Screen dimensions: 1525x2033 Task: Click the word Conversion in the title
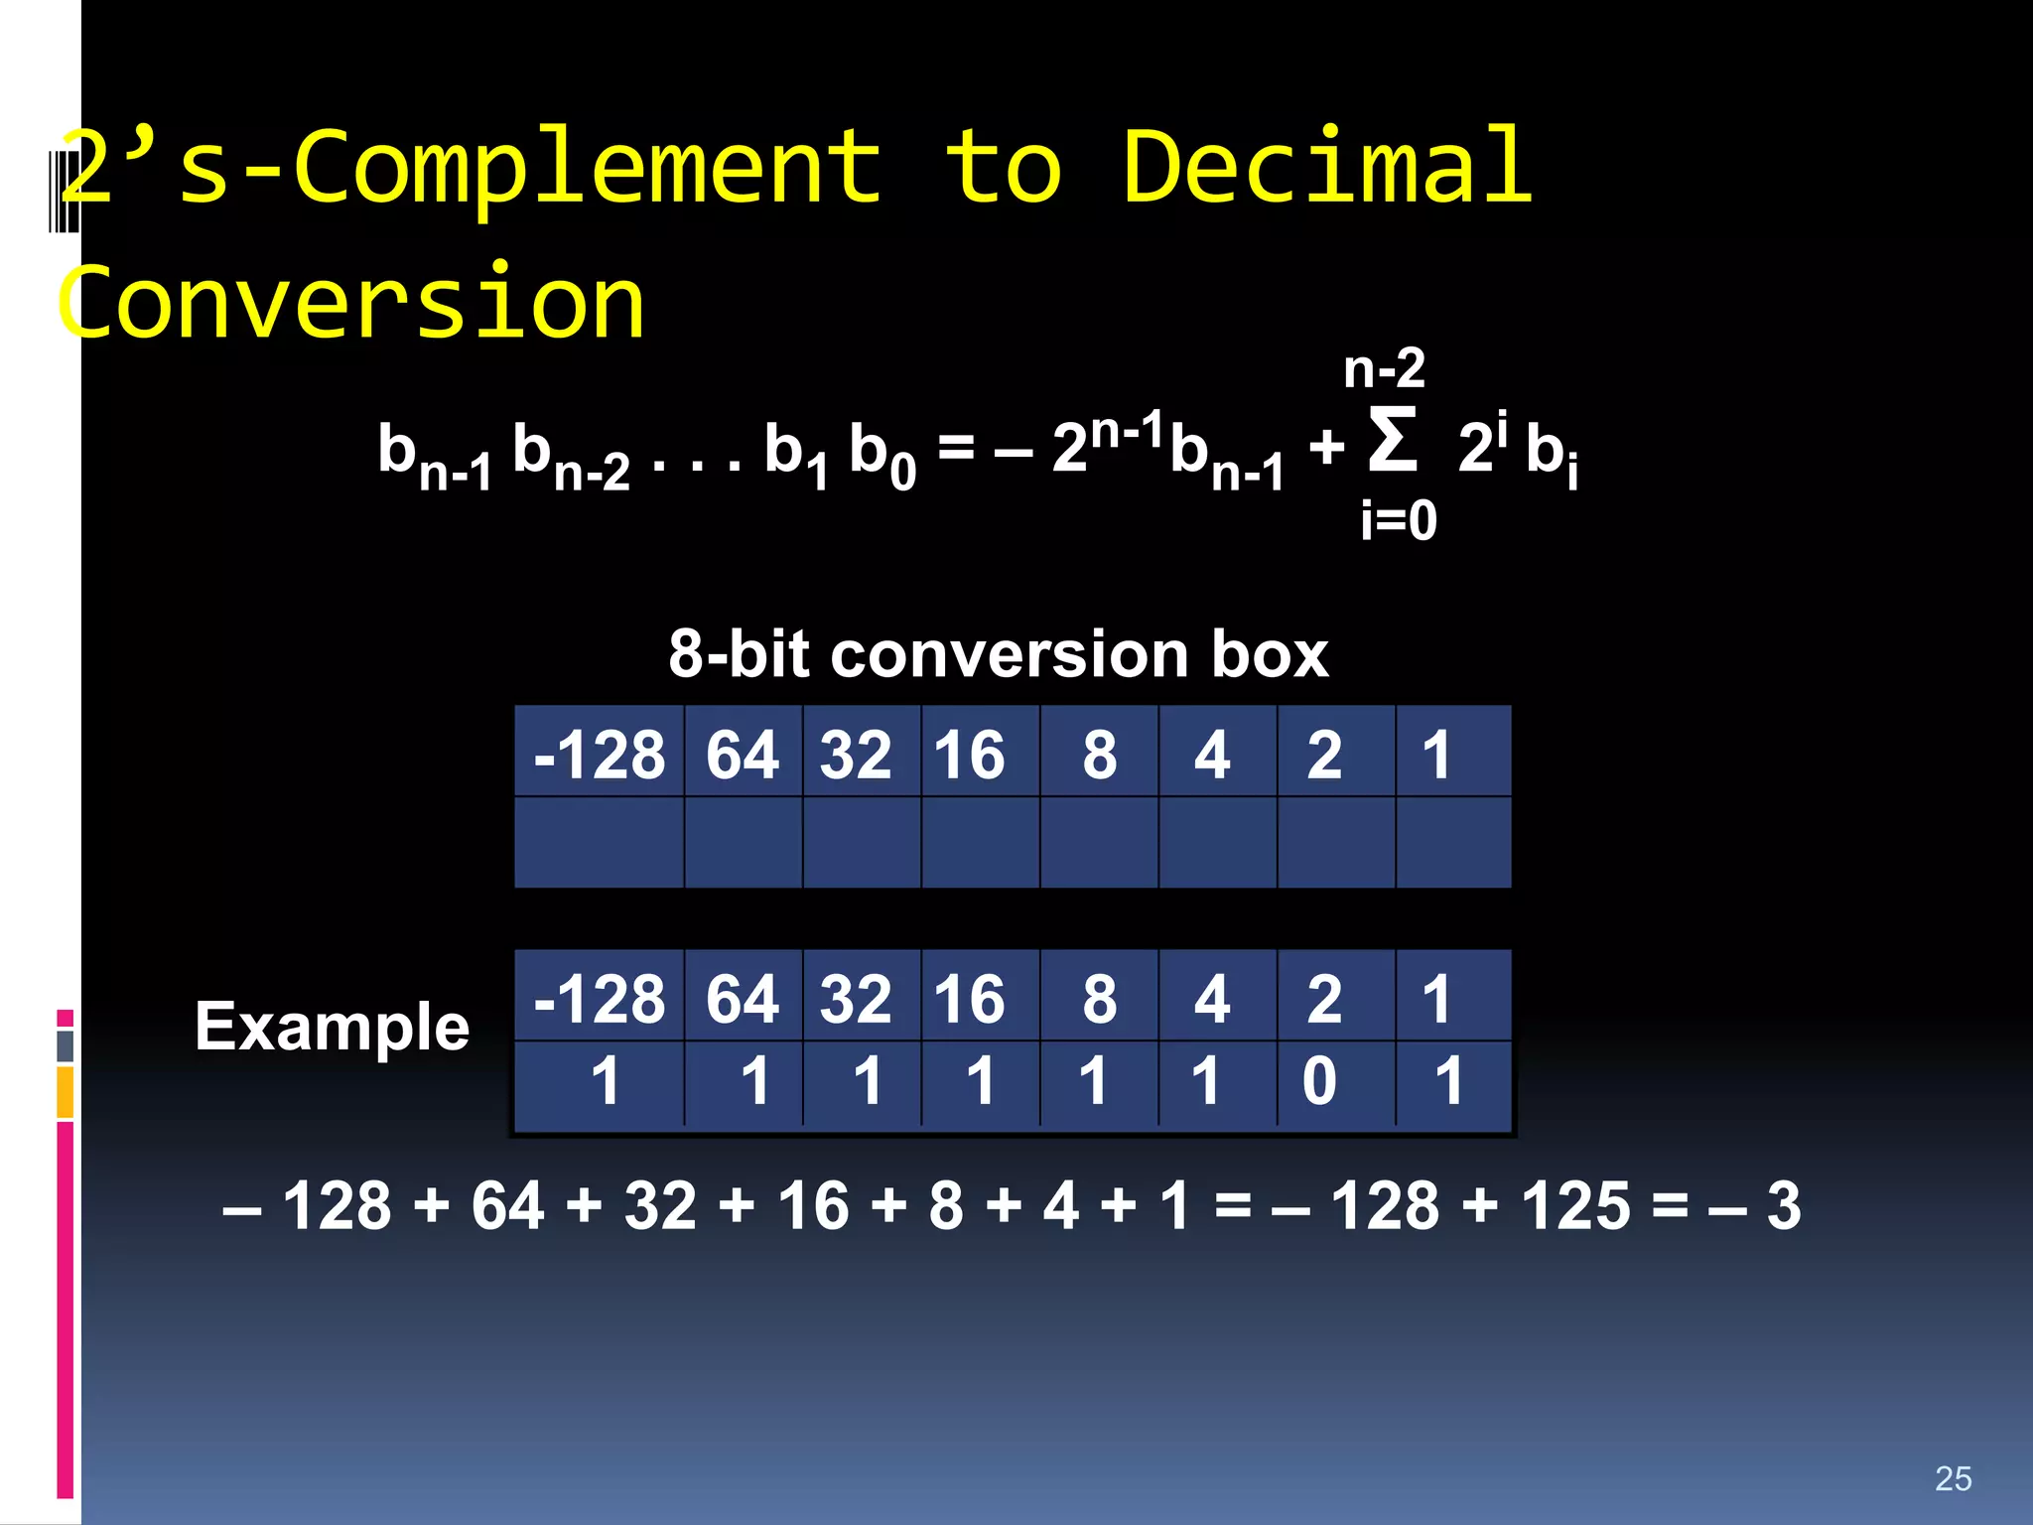pyautogui.click(x=351, y=302)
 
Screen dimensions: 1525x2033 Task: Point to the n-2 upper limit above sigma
pyautogui.click(x=1384, y=369)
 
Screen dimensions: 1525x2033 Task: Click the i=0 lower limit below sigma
pyautogui.click(x=1398, y=520)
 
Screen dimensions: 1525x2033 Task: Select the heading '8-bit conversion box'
pyautogui.click(x=998, y=654)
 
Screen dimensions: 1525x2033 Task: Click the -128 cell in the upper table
pyautogui.click(x=599, y=755)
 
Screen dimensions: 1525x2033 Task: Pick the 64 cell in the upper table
pyautogui.click(x=743, y=755)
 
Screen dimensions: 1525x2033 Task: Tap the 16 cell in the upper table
pyautogui.click(x=970, y=755)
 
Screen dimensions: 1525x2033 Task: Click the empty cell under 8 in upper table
pyautogui.click(x=1099, y=842)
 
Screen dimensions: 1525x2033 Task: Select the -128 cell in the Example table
pyautogui.click(x=599, y=999)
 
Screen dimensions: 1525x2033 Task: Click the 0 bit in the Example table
pyautogui.click(x=1319, y=1080)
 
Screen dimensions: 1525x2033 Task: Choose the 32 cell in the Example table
pyautogui.click(x=856, y=999)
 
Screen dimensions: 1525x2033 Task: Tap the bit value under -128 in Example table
pyautogui.click(x=605, y=1080)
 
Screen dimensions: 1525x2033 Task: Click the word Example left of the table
pyautogui.click(x=332, y=1027)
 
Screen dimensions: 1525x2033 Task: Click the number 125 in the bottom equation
pyautogui.click(x=1575, y=1206)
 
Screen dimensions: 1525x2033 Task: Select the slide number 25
pyautogui.click(x=1953, y=1478)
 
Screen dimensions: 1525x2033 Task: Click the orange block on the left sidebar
pyautogui.click(x=66, y=1092)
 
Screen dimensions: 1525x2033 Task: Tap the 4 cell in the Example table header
pyautogui.click(x=1212, y=999)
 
